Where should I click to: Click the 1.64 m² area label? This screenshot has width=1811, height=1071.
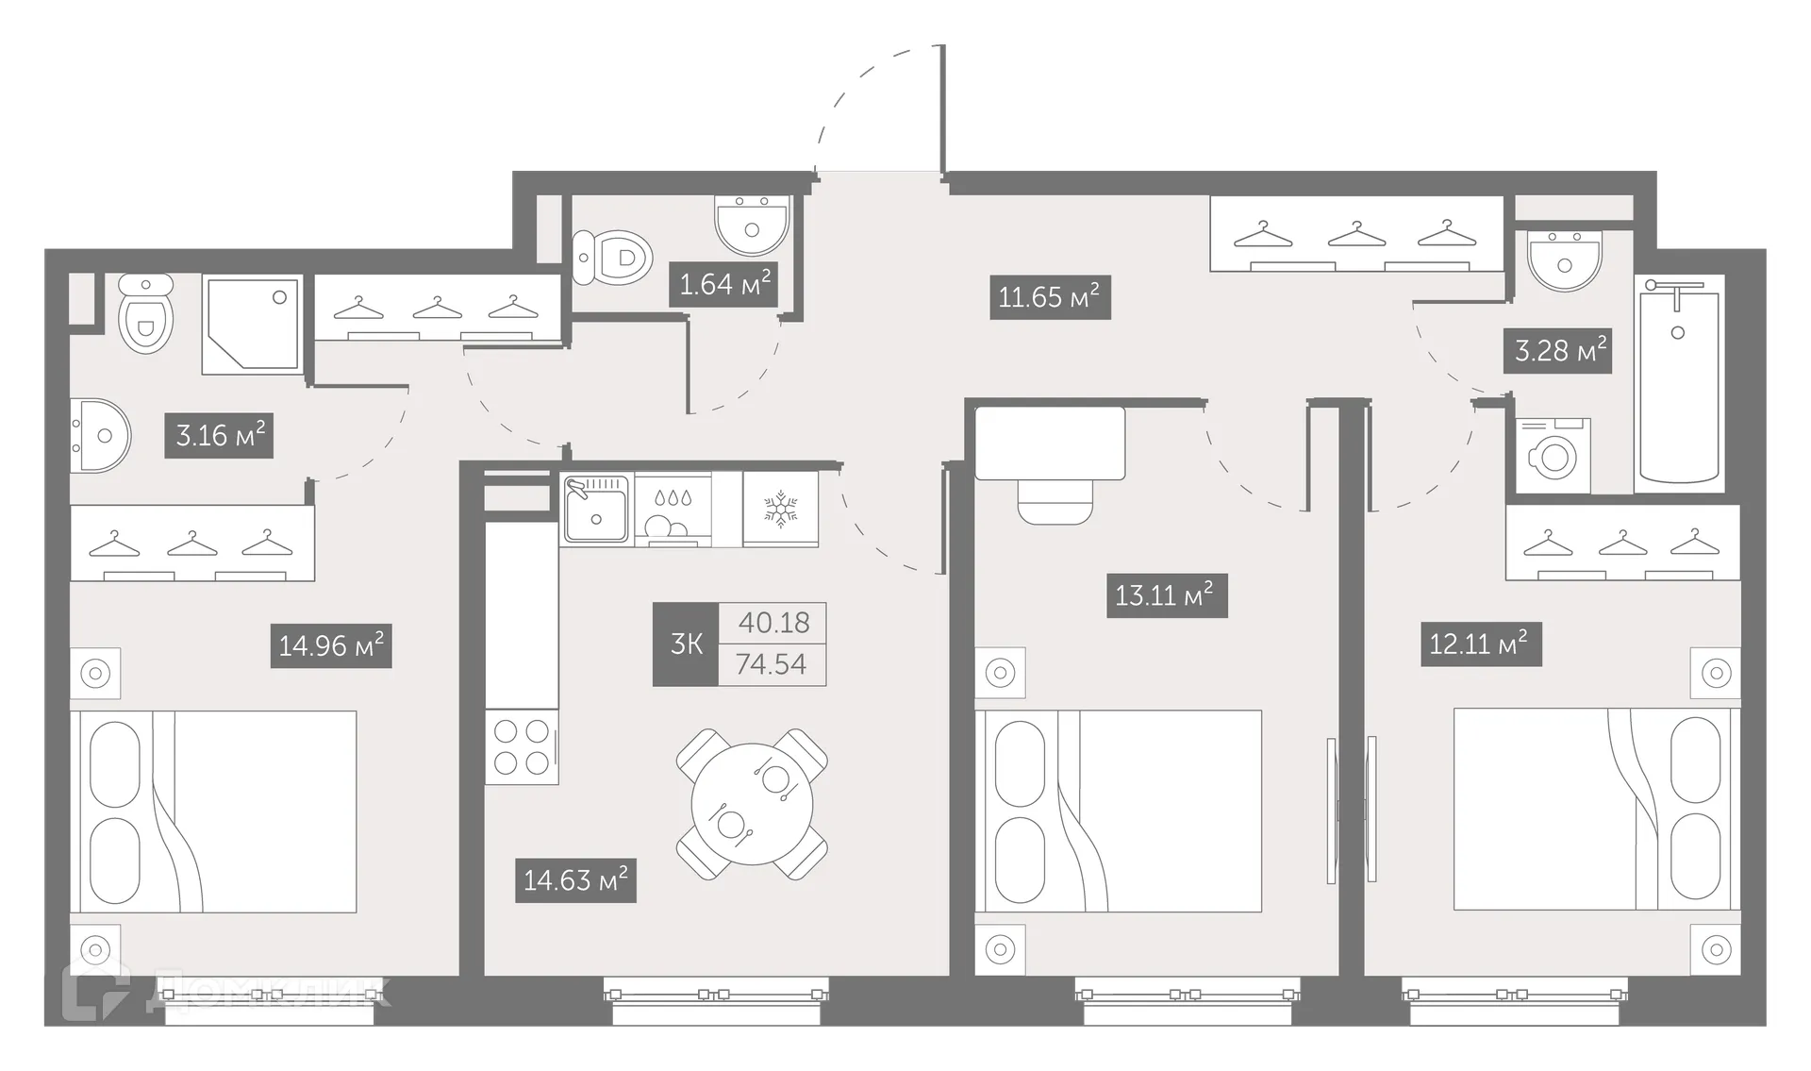click(724, 283)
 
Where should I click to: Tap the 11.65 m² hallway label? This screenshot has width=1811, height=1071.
click(1049, 297)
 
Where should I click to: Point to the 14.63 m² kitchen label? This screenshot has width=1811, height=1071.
click(575, 880)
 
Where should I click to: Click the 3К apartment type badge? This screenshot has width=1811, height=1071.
click(686, 644)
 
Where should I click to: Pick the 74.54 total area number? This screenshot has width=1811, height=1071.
click(772, 664)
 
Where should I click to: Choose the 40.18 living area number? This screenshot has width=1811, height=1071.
click(773, 623)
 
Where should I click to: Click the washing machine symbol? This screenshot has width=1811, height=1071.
click(1553, 457)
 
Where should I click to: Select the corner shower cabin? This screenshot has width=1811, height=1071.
click(252, 324)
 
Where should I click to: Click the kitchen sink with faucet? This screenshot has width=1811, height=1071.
click(596, 510)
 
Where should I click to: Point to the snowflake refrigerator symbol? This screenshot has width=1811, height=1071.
click(780, 510)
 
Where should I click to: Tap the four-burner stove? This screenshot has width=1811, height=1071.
click(522, 747)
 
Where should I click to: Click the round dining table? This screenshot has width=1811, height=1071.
click(752, 805)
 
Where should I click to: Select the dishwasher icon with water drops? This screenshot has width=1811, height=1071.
click(673, 510)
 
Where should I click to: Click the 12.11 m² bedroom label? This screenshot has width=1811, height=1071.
click(1480, 644)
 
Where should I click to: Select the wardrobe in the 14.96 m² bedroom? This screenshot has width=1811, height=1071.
click(192, 544)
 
